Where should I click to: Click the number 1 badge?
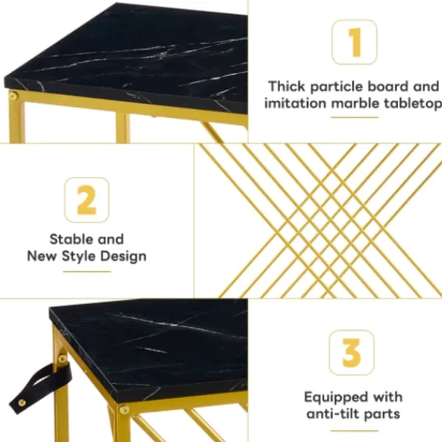tap(354, 42)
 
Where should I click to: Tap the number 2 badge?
tap(86, 200)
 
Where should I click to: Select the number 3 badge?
tap(351, 353)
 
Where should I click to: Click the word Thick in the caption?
tap(287, 86)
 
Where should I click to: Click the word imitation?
tap(295, 103)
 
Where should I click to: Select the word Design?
tap(124, 256)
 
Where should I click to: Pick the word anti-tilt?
tap(333, 414)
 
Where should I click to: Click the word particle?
tap(337, 87)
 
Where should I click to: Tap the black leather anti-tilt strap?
tap(41, 388)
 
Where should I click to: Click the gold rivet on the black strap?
tap(21, 402)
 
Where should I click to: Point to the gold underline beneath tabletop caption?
tap(354, 117)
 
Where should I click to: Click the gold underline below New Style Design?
tap(87, 271)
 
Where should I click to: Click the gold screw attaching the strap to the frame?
tap(63, 359)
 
